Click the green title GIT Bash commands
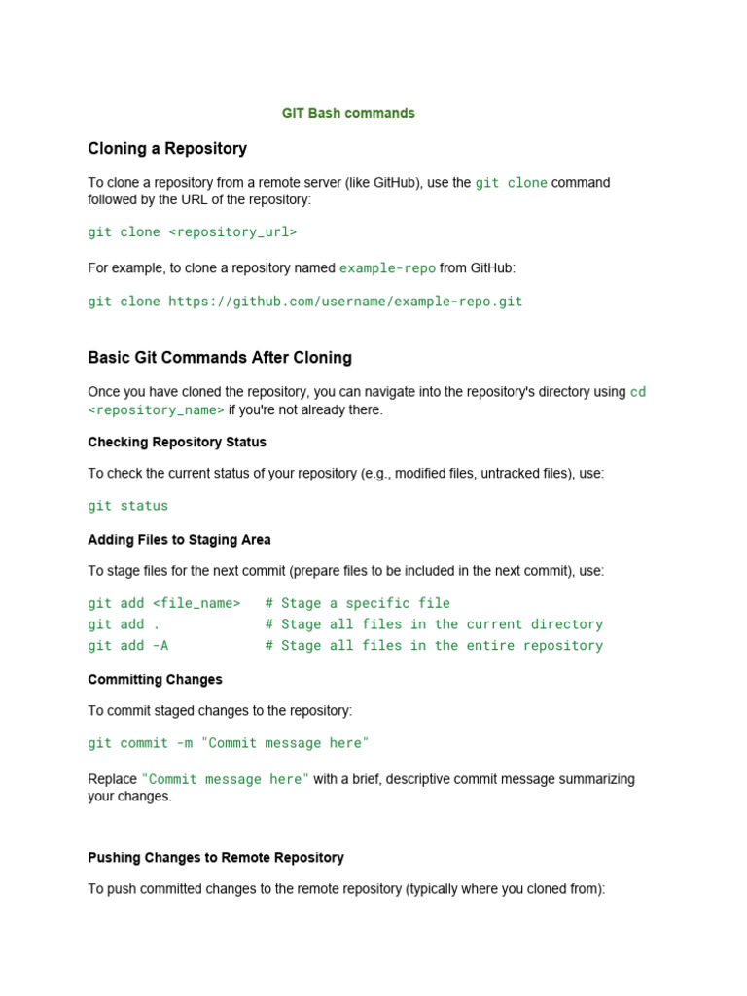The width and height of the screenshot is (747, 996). tap(348, 113)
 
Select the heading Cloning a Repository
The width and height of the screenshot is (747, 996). tap(167, 149)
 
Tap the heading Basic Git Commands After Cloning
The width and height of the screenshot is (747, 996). tap(220, 358)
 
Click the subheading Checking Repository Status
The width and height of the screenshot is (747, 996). tap(177, 442)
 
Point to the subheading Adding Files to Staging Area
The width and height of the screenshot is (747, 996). tap(179, 539)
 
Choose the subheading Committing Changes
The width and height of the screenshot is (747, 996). tap(155, 679)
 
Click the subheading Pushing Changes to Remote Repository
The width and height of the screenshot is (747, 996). tap(216, 857)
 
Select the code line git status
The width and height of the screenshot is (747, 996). tap(128, 506)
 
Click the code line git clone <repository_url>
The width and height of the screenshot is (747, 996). tap(193, 232)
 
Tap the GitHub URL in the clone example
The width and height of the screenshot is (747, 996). tap(345, 302)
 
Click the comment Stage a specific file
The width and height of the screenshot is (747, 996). tap(358, 603)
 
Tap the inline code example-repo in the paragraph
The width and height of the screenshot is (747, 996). tap(387, 267)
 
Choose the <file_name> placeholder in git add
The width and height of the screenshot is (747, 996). tap(196, 603)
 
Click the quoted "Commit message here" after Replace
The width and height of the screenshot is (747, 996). tap(226, 779)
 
